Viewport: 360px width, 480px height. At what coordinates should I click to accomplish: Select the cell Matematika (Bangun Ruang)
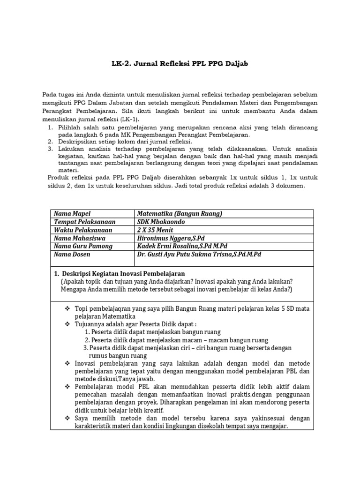(179, 214)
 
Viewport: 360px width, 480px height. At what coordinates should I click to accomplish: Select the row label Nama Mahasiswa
(79, 238)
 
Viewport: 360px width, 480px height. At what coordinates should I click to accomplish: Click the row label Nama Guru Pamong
(83, 246)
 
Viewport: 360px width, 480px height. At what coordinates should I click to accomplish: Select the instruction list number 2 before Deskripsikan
(51, 141)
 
